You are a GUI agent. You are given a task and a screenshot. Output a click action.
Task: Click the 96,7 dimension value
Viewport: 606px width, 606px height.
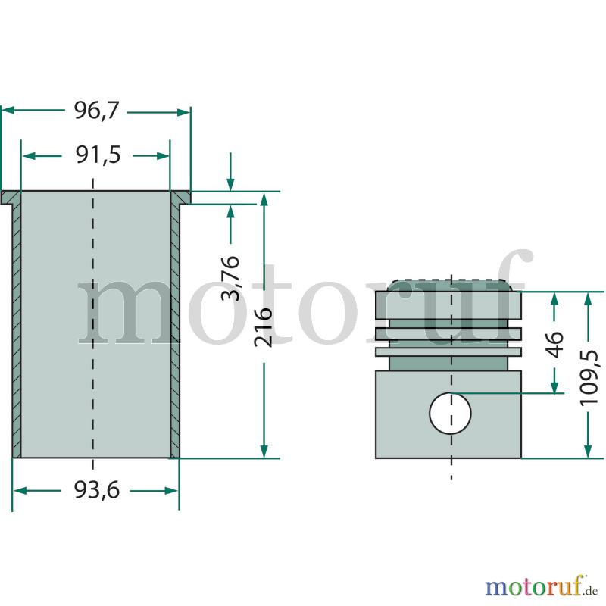pyautogui.click(x=96, y=111)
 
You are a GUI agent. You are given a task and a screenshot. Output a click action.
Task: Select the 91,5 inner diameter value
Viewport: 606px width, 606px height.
pyautogui.click(x=98, y=155)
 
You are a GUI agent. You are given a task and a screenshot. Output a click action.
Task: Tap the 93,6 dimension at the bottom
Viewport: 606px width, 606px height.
pyautogui.click(x=97, y=490)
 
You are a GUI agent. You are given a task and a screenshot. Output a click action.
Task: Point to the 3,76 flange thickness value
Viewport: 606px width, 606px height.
pyautogui.click(x=231, y=278)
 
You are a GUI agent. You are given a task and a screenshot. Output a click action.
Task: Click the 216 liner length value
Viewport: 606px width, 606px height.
pyautogui.click(x=264, y=327)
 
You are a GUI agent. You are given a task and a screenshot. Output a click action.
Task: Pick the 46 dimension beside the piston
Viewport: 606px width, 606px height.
pyautogui.click(x=554, y=344)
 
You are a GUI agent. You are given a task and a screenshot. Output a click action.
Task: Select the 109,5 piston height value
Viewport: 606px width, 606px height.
pyautogui.click(x=589, y=377)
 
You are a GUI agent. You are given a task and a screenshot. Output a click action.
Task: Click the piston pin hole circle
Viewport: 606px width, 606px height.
pyautogui.click(x=450, y=413)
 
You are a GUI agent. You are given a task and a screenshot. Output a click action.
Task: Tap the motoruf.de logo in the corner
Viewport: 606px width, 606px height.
pyautogui.click(x=542, y=586)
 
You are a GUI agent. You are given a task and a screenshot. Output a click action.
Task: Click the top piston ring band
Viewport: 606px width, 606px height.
pyautogui.click(x=448, y=305)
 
